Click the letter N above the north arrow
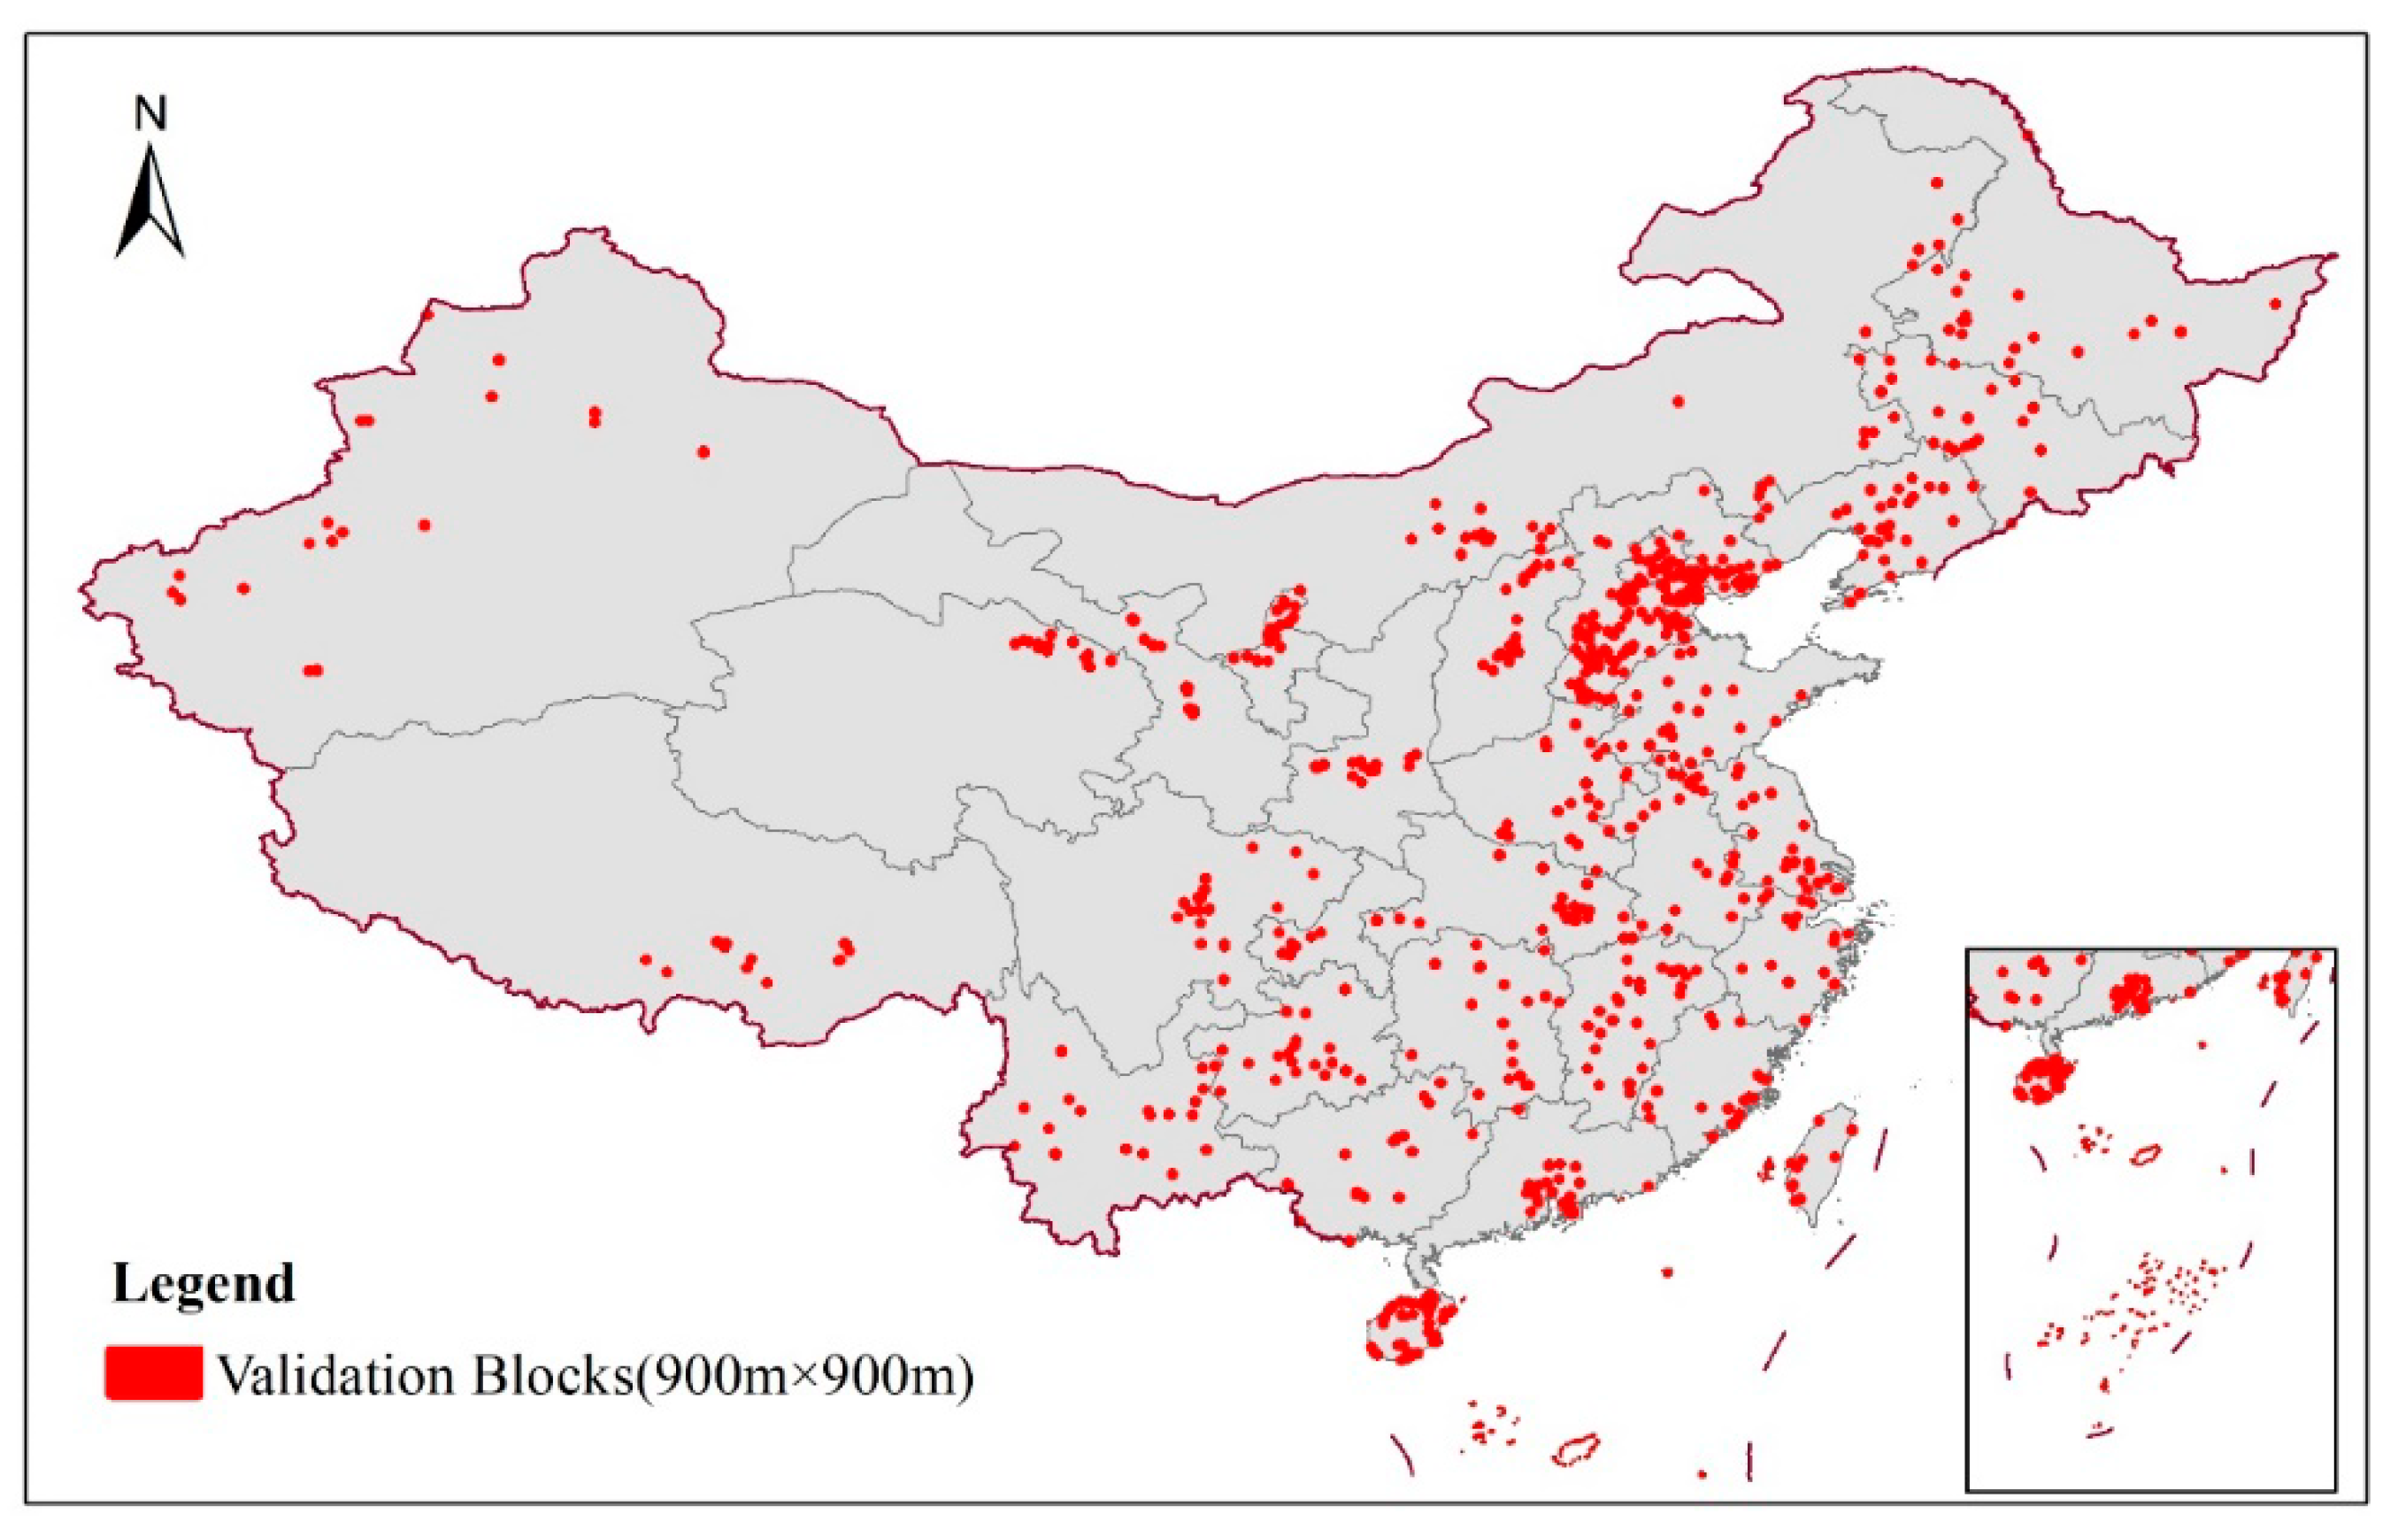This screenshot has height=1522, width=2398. (x=150, y=113)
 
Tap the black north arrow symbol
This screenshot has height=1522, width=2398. (x=150, y=204)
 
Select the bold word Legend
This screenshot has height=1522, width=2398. (x=204, y=1283)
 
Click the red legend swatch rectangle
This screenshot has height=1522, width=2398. (x=153, y=1372)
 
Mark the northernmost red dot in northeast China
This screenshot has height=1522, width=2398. (x=1937, y=182)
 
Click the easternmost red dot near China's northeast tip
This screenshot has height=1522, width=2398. (x=2276, y=304)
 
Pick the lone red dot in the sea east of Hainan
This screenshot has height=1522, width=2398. (x=1668, y=1272)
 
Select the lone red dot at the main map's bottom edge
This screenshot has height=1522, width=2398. (x=1702, y=1473)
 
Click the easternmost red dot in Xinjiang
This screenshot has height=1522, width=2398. (x=703, y=451)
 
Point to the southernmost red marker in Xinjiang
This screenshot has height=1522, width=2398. (x=312, y=671)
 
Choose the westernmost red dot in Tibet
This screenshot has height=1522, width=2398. (x=645, y=959)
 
